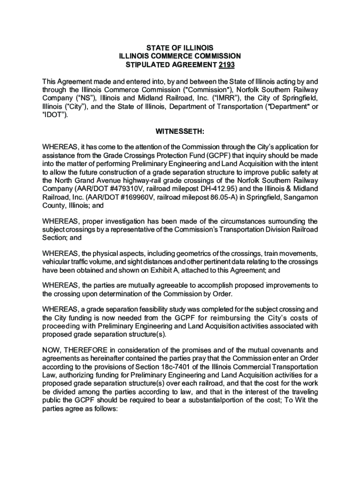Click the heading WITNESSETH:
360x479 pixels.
point(180,131)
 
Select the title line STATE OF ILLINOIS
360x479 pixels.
point(180,48)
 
